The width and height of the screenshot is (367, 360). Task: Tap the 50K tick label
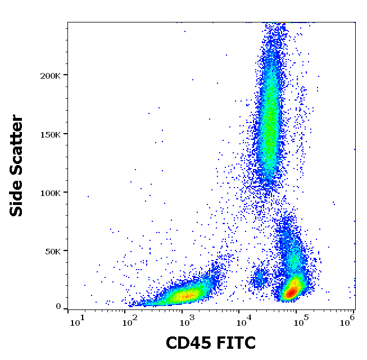(x=54, y=251)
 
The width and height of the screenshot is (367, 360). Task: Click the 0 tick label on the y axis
(x=58, y=307)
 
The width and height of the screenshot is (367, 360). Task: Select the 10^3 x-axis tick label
(x=186, y=321)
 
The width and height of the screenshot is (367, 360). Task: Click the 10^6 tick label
(x=351, y=321)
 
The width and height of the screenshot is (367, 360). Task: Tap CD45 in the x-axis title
(x=188, y=343)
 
